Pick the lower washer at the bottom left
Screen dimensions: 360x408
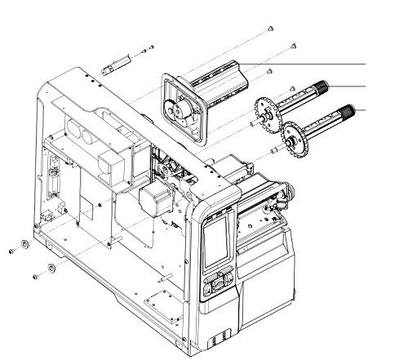[x=51, y=269]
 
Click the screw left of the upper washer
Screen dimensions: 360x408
[x=11, y=251]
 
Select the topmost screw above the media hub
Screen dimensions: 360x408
[x=269, y=29]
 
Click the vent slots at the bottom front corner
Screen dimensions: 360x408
[x=218, y=336]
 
